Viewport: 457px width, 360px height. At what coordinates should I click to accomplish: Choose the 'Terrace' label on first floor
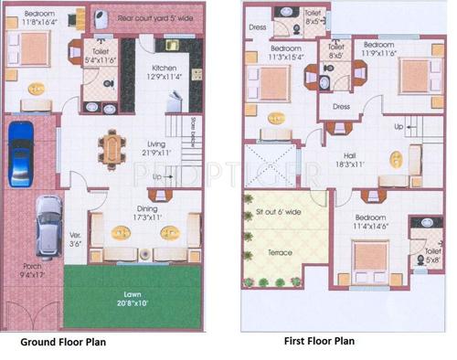click(x=280, y=252)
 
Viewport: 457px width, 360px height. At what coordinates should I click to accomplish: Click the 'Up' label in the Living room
click(x=158, y=176)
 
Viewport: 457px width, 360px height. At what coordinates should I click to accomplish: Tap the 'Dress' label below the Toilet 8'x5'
click(x=342, y=107)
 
